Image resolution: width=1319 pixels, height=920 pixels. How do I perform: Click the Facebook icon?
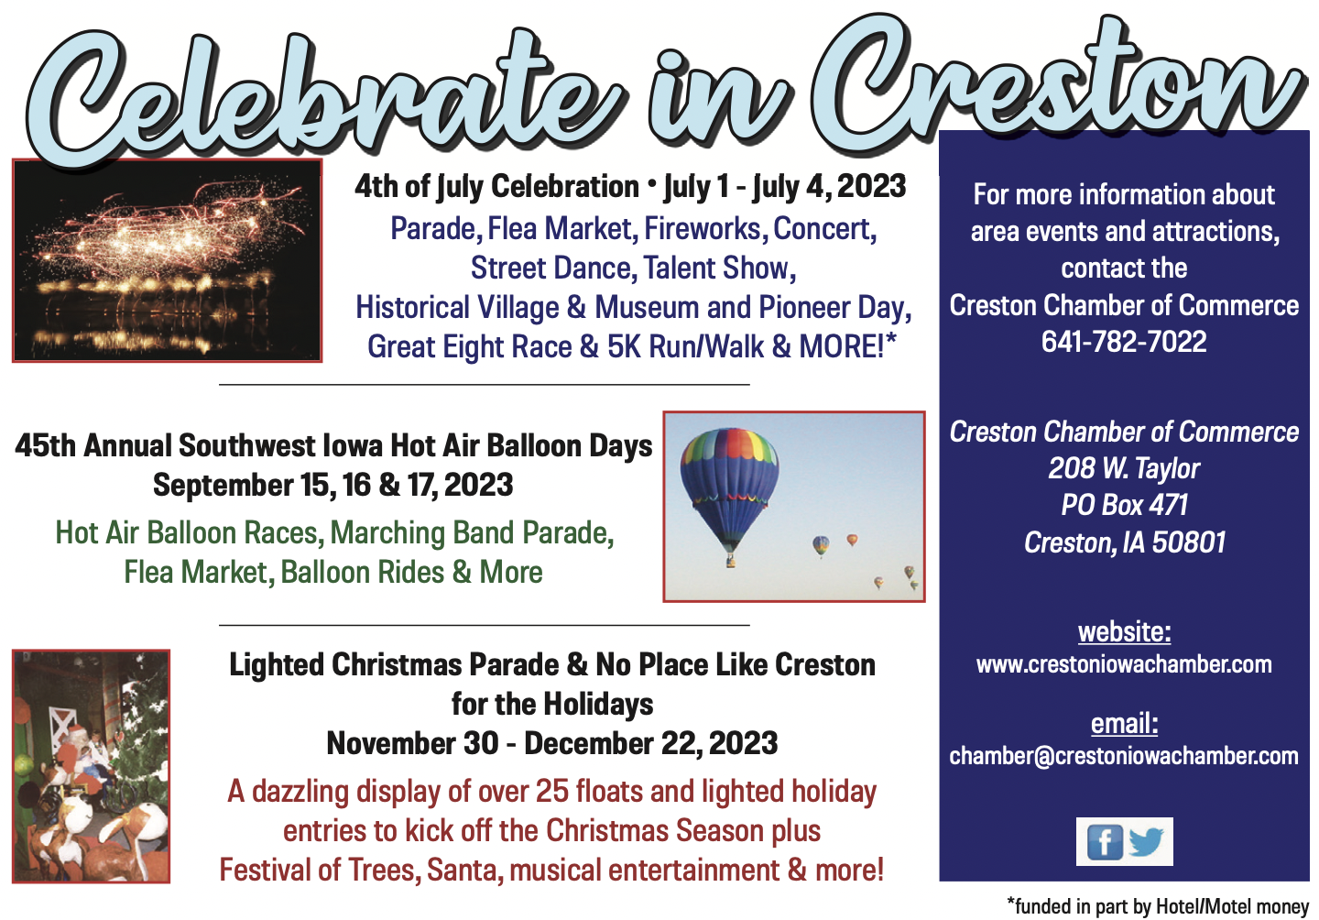click(x=1104, y=842)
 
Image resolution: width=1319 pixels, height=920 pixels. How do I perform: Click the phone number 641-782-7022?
click(x=1124, y=342)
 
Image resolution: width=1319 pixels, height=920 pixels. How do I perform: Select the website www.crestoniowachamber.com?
click(x=1124, y=665)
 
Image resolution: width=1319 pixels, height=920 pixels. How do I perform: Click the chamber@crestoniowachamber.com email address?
click(x=1124, y=756)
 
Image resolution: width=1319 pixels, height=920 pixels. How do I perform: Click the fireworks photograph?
click(x=168, y=260)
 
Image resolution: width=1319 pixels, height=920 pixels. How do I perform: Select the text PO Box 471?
click(x=1124, y=505)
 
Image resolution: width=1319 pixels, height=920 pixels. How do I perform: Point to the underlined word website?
click(x=1124, y=632)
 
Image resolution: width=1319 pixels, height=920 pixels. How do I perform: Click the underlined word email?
click(x=1124, y=724)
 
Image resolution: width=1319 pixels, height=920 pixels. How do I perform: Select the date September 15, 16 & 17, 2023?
click(x=332, y=486)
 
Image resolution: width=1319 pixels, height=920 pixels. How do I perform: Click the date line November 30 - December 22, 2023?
click(x=551, y=743)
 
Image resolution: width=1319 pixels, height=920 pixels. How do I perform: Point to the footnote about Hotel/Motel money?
click(x=1158, y=906)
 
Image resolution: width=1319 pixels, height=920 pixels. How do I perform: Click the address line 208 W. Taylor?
click(x=1124, y=469)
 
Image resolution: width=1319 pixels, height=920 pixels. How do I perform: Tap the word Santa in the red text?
click(x=465, y=870)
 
